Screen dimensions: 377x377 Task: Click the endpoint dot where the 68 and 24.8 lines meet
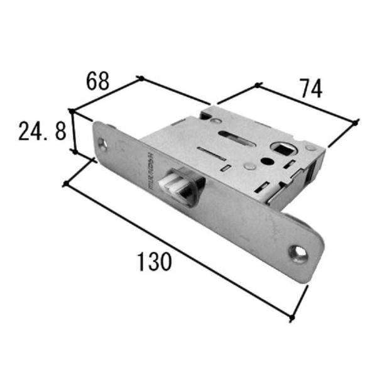pos(72,111)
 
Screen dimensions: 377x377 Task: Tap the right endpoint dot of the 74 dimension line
pos(356,121)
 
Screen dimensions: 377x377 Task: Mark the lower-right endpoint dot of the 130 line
pos(292,319)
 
